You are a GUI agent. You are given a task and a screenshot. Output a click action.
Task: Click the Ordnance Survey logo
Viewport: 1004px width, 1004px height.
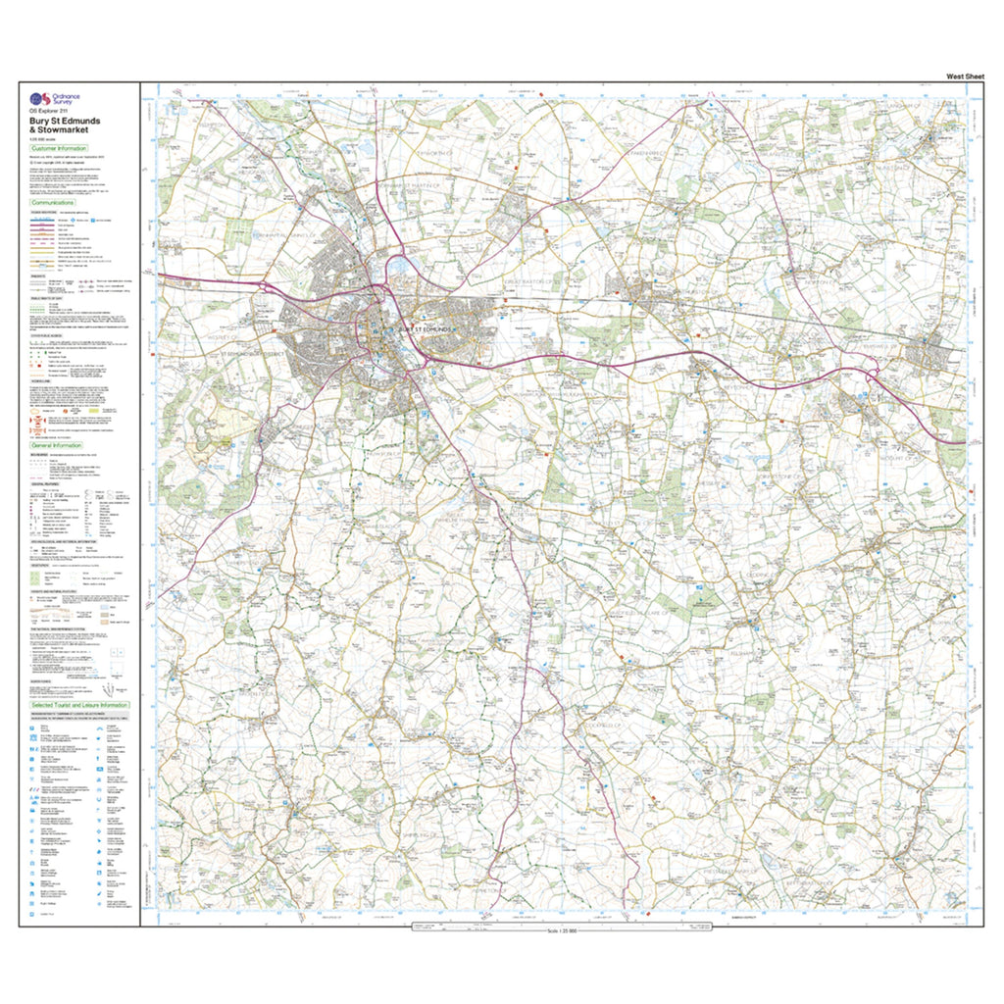(x=50, y=100)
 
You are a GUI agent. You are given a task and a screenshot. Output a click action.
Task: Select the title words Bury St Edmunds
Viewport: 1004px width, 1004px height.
(x=65, y=123)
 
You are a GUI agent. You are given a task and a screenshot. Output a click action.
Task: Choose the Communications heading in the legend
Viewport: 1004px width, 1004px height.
(x=56, y=203)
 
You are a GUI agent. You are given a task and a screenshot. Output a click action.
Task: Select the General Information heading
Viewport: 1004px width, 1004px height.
(x=59, y=444)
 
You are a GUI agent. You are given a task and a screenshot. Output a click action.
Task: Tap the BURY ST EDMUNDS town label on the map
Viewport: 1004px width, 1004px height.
(x=419, y=329)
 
